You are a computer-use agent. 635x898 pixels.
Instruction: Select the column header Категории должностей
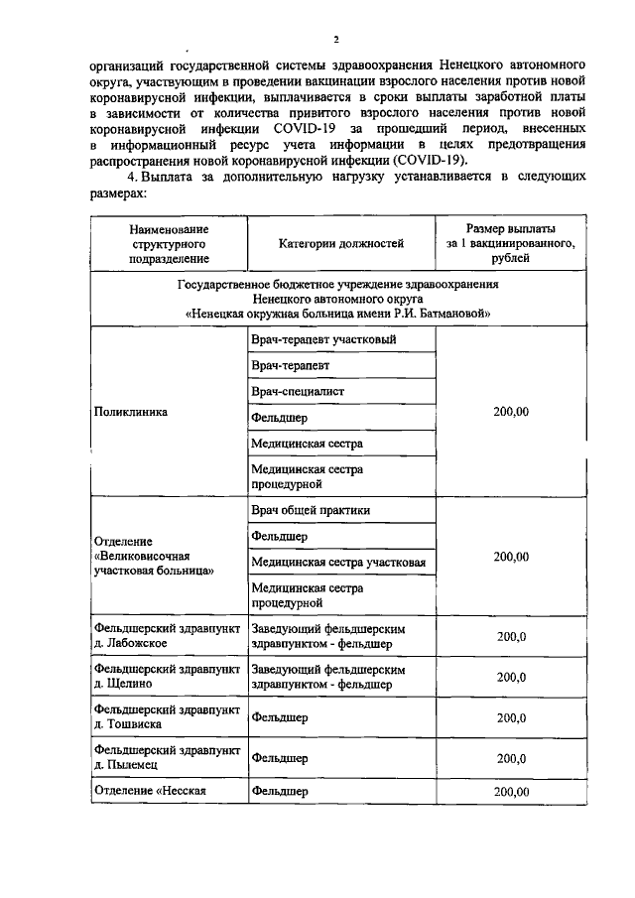click(339, 242)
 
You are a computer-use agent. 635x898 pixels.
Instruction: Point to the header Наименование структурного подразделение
click(168, 242)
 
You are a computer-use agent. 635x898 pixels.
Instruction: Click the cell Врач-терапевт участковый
click(323, 340)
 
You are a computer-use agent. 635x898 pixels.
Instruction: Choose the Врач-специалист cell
click(298, 392)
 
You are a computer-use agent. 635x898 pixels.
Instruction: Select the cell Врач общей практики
click(311, 510)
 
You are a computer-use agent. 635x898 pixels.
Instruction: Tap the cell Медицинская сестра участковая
click(338, 563)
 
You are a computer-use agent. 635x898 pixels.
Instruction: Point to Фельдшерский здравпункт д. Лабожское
click(166, 636)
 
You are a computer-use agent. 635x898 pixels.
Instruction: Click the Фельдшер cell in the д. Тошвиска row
click(279, 717)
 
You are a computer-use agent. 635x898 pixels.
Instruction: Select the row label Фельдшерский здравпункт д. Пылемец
click(166, 758)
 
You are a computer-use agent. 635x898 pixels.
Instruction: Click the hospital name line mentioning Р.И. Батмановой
click(338, 313)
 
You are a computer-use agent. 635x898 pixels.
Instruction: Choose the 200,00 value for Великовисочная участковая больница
click(510, 557)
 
